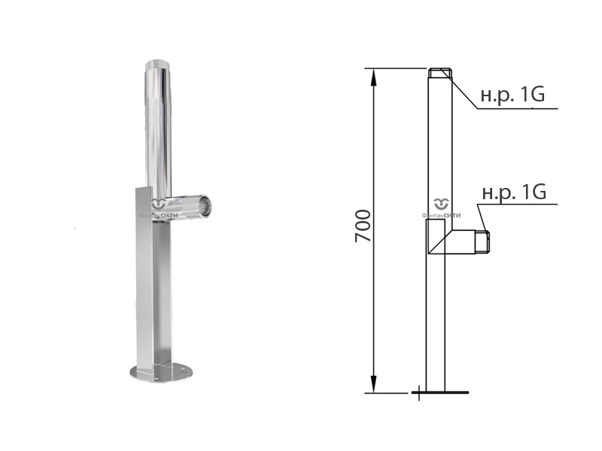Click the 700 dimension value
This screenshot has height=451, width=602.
point(363,226)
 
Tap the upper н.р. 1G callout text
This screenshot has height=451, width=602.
point(512,95)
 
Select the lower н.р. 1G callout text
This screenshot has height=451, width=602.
point(514,192)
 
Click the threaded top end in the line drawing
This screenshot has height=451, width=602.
point(440,73)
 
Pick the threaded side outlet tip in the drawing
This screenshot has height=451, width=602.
point(482,242)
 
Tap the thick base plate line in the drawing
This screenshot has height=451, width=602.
point(440,392)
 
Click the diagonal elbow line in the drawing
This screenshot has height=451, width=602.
point(441,242)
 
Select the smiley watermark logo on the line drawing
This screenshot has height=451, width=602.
point(441,204)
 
